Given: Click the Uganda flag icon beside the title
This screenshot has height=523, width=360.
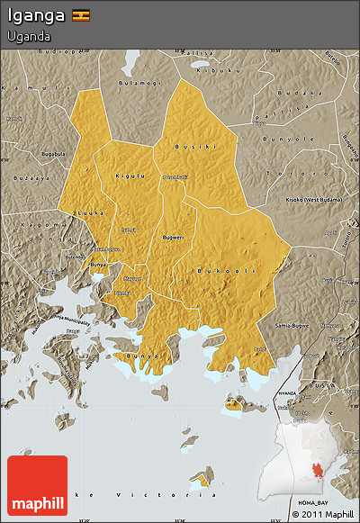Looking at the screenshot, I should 81,15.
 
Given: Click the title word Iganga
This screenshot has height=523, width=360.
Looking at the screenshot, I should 35,15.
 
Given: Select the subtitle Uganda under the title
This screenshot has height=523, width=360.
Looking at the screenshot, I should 28,37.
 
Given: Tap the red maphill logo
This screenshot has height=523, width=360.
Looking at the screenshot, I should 37,485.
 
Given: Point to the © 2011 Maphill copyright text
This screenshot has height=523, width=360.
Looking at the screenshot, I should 322,515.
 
